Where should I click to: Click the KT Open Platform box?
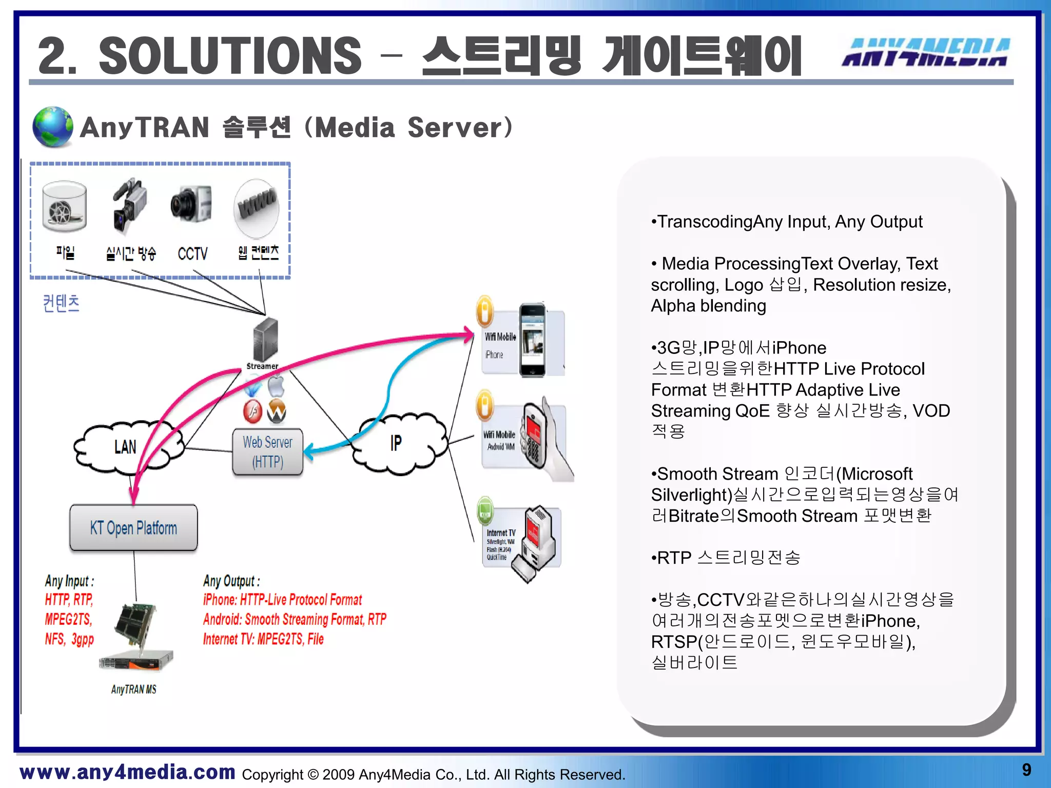click(x=133, y=527)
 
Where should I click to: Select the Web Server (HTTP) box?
click(x=267, y=451)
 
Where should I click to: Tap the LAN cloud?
click(x=126, y=447)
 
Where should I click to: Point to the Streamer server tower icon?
click(x=265, y=339)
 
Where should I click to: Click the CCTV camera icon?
click(x=191, y=204)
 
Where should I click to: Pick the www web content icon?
click(x=257, y=207)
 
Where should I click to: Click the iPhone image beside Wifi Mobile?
click(x=532, y=340)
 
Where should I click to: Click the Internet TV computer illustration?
click(x=536, y=543)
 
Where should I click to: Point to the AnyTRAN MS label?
click(x=133, y=689)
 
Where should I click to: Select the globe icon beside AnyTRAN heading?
click(x=52, y=127)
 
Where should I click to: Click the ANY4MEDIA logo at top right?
click(x=926, y=52)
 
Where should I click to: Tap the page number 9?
click(x=1026, y=770)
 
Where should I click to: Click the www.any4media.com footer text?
click(x=127, y=772)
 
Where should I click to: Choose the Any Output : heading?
click(x=231, y=581)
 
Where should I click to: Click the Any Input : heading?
click(x=69, y=581)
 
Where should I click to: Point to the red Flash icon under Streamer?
click(x=252, y=411)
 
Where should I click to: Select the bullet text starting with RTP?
click(x=725, y=557)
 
